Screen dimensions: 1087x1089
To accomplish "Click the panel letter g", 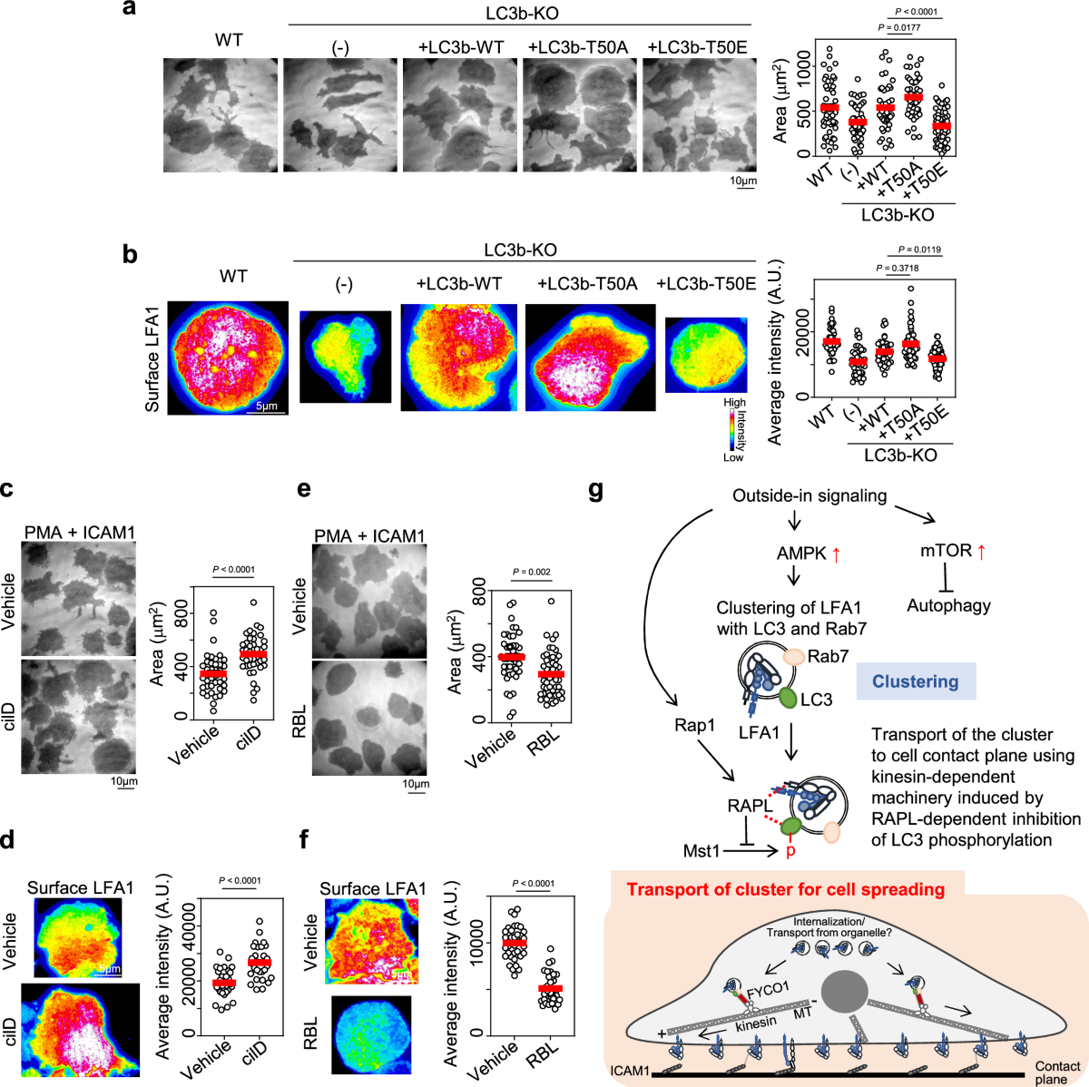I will coord(595,491).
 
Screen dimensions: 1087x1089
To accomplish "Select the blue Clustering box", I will coord(915,681).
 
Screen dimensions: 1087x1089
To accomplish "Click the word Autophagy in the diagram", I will coord(948,605).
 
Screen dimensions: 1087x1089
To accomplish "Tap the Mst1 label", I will coord(701,851).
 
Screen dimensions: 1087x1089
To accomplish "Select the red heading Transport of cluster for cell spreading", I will coord(785,889).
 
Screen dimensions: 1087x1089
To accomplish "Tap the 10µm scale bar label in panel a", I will coord(743,181).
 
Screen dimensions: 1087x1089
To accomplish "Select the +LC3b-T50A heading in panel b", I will coord(587,284).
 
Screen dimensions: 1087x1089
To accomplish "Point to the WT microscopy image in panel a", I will coord(221,115).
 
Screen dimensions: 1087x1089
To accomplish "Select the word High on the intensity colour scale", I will coord(734,402).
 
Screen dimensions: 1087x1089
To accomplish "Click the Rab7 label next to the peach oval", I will coord(829,655).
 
